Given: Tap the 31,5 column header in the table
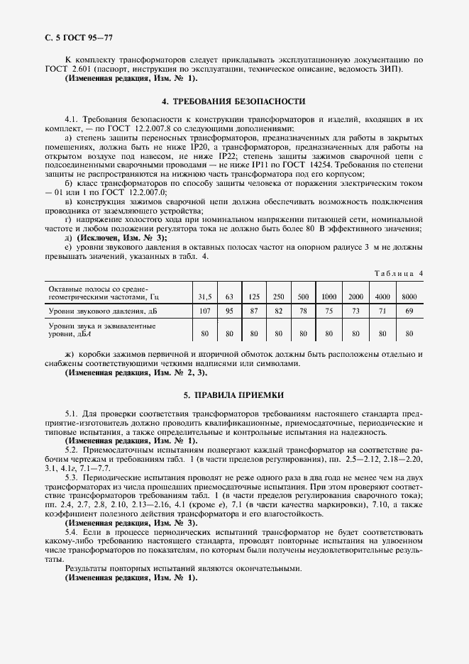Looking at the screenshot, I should click(x=204, y=295).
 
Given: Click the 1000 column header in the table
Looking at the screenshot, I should click(x=329, y=295).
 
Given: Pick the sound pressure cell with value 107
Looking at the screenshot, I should click(x=204, y=311).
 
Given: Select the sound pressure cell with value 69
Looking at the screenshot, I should click(x=409, y=311).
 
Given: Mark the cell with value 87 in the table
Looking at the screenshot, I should click(x=254, y=311).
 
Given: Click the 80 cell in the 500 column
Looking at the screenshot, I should click(x=303, y=332).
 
